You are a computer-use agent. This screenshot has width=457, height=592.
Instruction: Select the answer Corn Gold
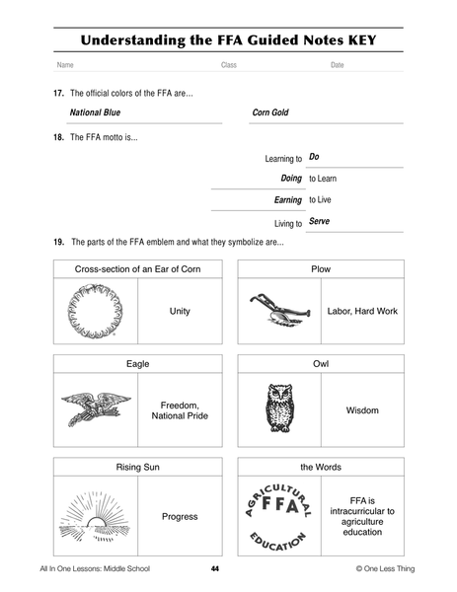click(269, 112)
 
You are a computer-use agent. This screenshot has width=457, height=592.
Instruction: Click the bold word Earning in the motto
click(287, 200)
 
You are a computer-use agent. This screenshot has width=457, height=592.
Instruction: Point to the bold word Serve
click(319, 222)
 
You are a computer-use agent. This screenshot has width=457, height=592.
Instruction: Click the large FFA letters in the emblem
click(277, 513)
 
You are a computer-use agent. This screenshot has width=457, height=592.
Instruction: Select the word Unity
click(180, 311)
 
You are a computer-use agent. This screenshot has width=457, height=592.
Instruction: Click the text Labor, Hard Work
click(362, 311)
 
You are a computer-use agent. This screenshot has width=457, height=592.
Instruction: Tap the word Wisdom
click(362, 409)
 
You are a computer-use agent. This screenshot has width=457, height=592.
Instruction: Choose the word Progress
click(180, 516)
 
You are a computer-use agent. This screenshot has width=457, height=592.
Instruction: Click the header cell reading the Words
click(321, 466)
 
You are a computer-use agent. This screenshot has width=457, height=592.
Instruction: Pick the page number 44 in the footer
click(214, 569)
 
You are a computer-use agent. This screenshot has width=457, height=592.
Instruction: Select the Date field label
click(337, 65)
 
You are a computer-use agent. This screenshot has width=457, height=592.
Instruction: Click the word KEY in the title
click(356, 41)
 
